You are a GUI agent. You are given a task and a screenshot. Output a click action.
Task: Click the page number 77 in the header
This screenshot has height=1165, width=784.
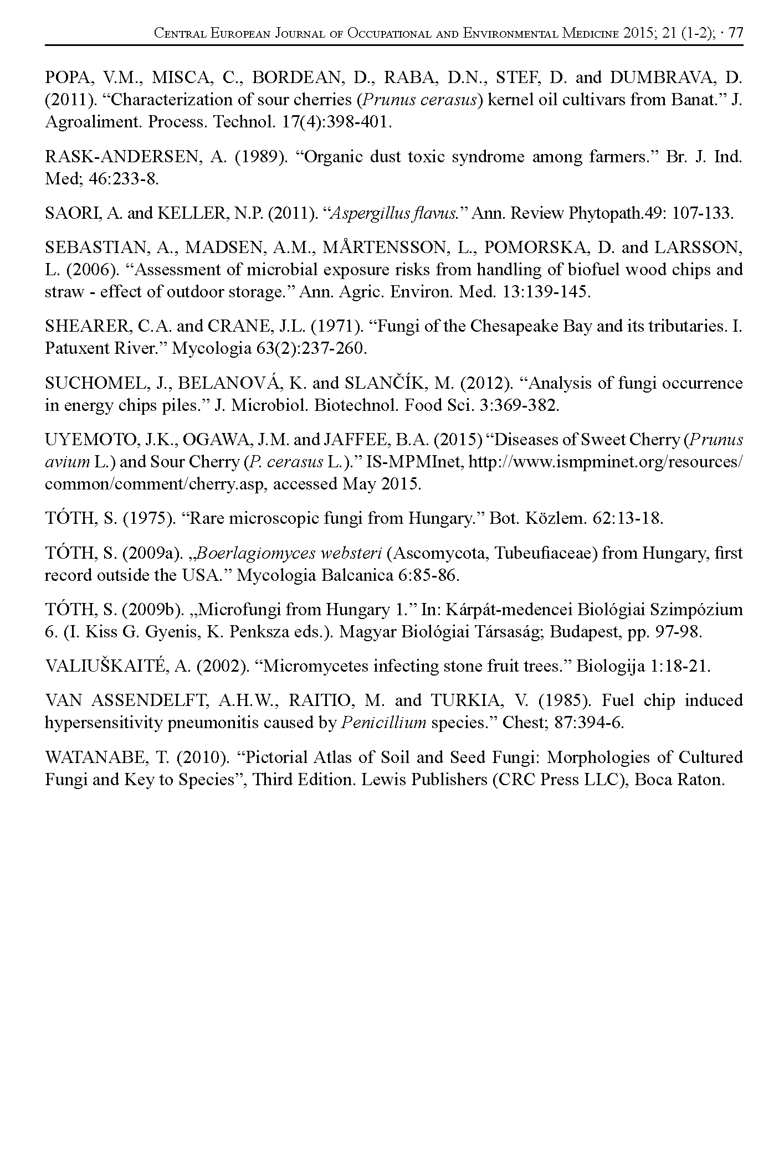736,33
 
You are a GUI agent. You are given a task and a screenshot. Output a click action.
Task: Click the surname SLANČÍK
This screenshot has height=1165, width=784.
403,383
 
